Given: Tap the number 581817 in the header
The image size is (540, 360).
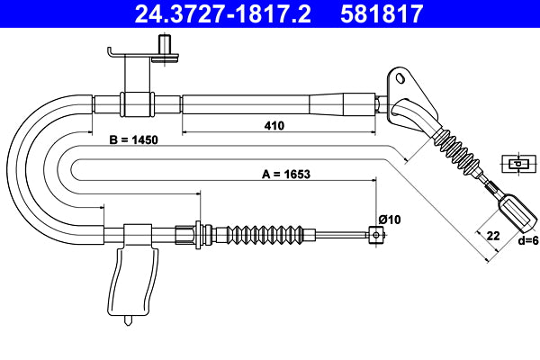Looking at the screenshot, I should tap(382, 13).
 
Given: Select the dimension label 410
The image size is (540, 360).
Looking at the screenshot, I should tap(274, 126).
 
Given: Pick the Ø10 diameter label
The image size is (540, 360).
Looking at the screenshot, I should tap(389, 219).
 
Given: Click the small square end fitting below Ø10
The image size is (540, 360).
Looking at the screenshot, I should tap(374, 235).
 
